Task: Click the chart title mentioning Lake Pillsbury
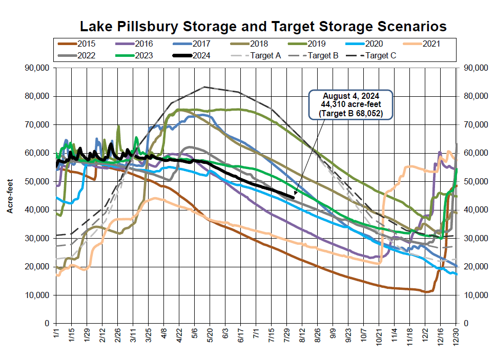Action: coord(262,26)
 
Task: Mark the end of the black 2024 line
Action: coord(294,197)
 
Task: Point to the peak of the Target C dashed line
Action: coord(204,87)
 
